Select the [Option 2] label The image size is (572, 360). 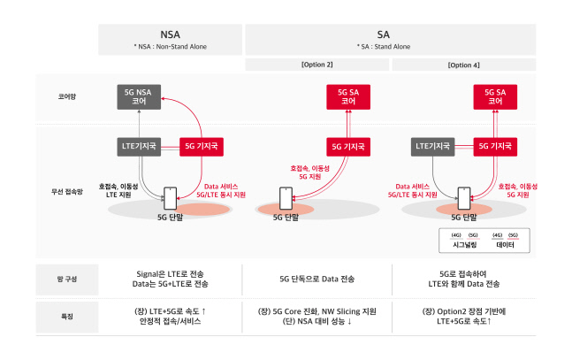click(316, 65)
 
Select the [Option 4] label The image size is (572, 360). click(462, 65)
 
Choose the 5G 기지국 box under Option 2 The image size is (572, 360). click(348, 145)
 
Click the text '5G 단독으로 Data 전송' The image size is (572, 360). click(316, 279)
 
